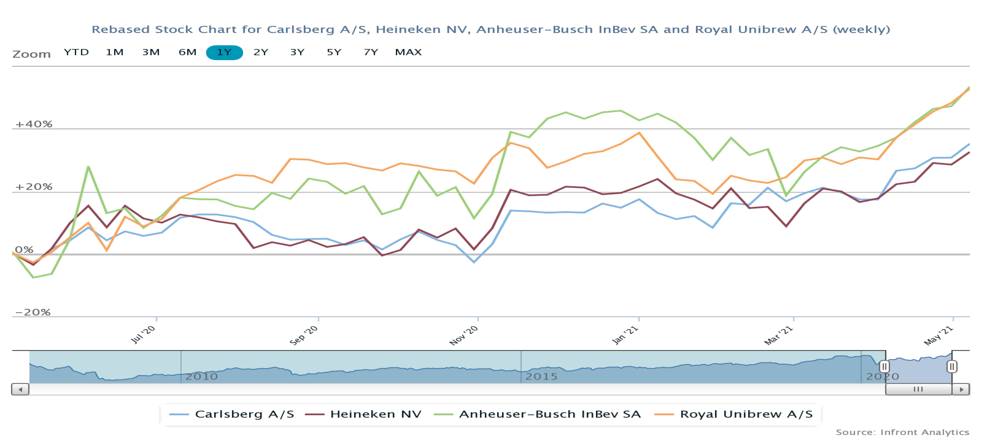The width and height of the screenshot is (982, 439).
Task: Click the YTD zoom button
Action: pyautogui.click(x=76, y=52)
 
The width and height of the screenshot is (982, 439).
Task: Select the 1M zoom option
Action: pyautogui.click(x=114, y=52)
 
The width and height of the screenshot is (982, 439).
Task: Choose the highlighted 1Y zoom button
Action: pyautogui.click(x=224, y=52)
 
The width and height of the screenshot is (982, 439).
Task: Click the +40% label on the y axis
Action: pyautogui.click(x=33, y=124)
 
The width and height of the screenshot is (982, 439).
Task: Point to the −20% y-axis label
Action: pyautogui.click(x=33, y=312)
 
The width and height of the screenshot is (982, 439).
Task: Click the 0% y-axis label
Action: pyautogui.click(x=24, y=249)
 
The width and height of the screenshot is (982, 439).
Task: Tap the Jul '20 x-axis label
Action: pyautogui.click(x=143, y=335)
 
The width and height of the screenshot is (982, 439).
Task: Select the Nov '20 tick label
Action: pyautogui.click(x=464, y=335)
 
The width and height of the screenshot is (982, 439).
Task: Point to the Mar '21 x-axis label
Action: pyautogui.click(x=778, y=335)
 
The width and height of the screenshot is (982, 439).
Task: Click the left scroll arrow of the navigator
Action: pyautogui.click(x=20, y=389)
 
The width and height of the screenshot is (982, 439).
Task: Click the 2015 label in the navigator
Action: pyautogui.click(x=541, y=376)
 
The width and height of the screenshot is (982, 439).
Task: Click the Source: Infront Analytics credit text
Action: pyautogui.click(x=902, y=432)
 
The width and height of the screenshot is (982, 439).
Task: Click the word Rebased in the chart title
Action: pyautogui.click(x=121, y=29)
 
